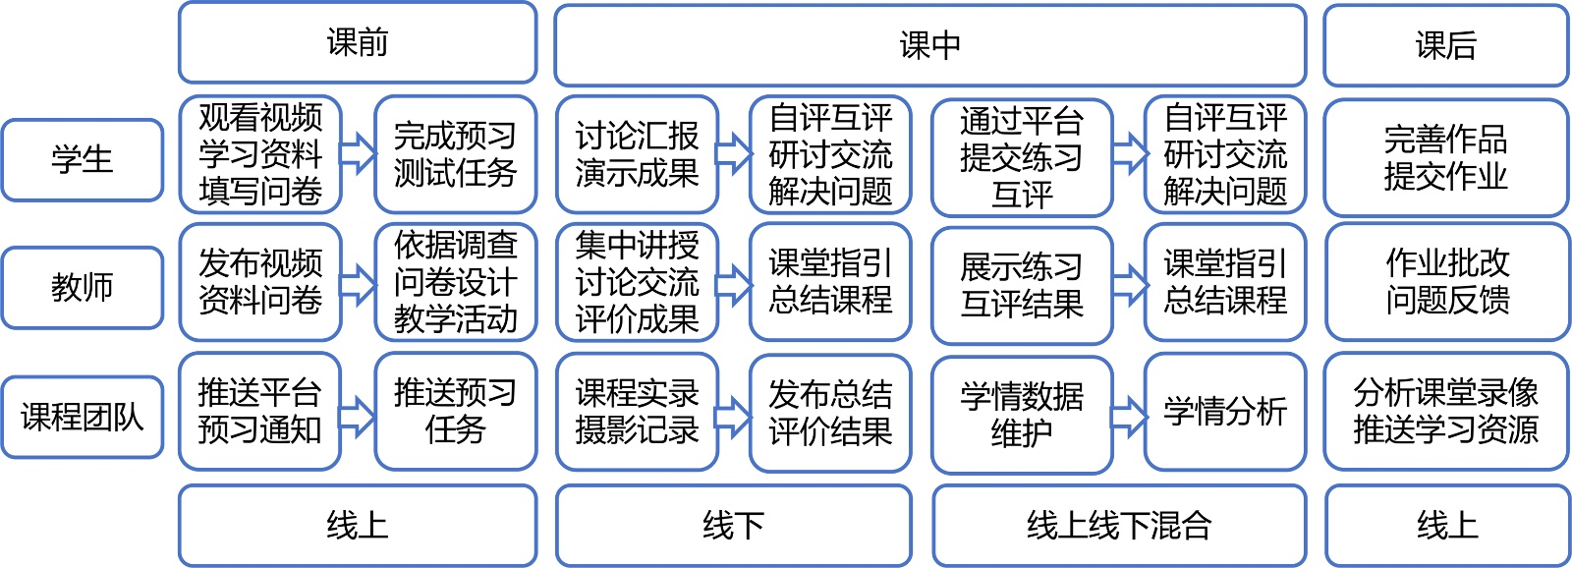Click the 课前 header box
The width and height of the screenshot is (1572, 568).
(x=358, y=42)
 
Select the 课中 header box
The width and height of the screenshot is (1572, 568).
(x=929, y=45)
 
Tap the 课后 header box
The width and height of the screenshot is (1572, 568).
(x=1445, y=45)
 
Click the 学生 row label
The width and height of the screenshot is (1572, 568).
(x=83, y=160)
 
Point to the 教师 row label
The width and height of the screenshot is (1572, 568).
(x=83, y=287)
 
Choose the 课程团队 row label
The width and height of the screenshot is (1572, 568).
(x=83, y=417)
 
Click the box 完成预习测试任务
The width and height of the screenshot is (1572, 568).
(x=455, y=154)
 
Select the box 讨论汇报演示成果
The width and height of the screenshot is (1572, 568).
(x=637, y=154)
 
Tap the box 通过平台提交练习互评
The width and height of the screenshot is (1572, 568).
(x=1022, y=157)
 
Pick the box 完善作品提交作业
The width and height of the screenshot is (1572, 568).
(x=1445, y=157)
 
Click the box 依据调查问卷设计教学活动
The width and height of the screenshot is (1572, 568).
(x=455, y=282)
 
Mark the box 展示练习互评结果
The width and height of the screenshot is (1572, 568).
(x=1022, y=285)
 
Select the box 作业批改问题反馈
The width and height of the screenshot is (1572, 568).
(x=1446, y=282)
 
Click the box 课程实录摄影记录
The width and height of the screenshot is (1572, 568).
(x=637, y=413)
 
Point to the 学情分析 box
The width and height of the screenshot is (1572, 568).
(x=1225, y=412)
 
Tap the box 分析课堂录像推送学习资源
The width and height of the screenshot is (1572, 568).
(x=1446, y=412)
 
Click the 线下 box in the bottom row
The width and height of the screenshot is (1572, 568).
(x=733, y=526)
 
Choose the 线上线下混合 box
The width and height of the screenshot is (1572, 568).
(x=1119, y=526)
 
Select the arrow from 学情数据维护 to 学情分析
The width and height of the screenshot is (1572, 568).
(x=1129, y=415)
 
